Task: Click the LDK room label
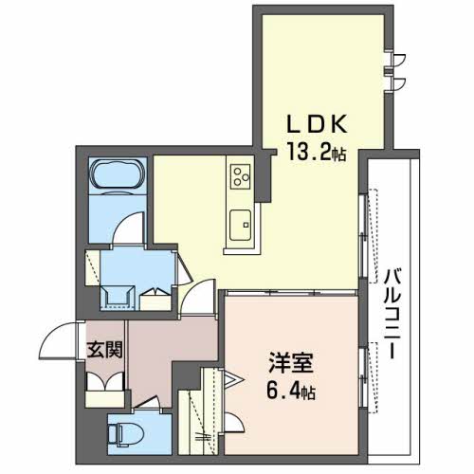pos(317,123)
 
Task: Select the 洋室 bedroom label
pos(291,363)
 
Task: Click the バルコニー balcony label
pos(392,314)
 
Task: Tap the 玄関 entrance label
pos(104,350)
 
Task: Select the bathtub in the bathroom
pos(118,174)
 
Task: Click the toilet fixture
pos(125,435)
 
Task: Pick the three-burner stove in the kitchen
pos(241,176)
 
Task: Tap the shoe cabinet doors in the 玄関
pos(105,382)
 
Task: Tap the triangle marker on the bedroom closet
pos(232,379)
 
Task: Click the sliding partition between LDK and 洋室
pos(291,293)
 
